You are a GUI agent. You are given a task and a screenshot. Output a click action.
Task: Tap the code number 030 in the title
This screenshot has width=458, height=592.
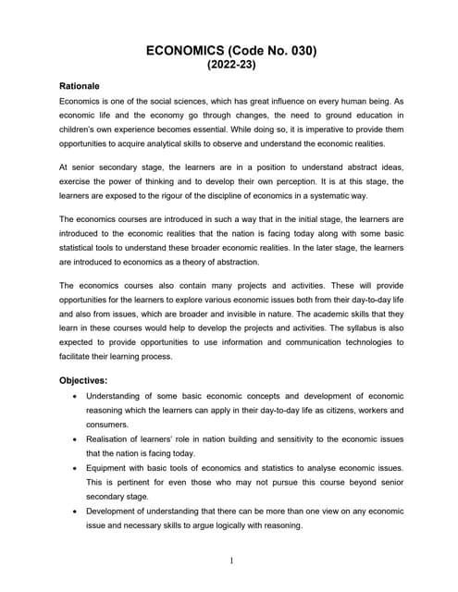299,52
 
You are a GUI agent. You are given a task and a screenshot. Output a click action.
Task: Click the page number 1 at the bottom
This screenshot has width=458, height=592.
230,561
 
